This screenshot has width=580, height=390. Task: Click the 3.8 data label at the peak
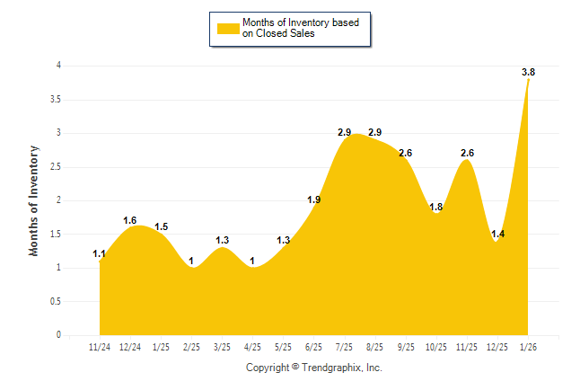click(x=529, y=72)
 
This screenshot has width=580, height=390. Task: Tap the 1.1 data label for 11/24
click(x=100, y=254)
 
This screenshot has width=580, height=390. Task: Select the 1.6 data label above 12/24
click(x=130, y=220)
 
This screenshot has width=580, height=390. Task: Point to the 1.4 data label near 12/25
click(x=498, y=234)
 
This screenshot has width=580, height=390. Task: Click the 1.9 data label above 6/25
click(x=314, y=199)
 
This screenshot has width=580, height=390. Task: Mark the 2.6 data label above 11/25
click(x=467, y=153)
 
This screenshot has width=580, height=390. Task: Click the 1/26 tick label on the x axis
click(x=528, y=346)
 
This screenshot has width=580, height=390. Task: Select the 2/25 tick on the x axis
click(x=192, y=346)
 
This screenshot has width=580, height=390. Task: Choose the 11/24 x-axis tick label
click(x=100, y=346)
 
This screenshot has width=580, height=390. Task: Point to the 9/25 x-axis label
click(x=406, y=346)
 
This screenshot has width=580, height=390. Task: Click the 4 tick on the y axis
click(x=58, y=66)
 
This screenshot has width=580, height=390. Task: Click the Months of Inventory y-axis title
click(x=34, y=200)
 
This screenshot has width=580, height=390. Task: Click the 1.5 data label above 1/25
click(x=162, y=227)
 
